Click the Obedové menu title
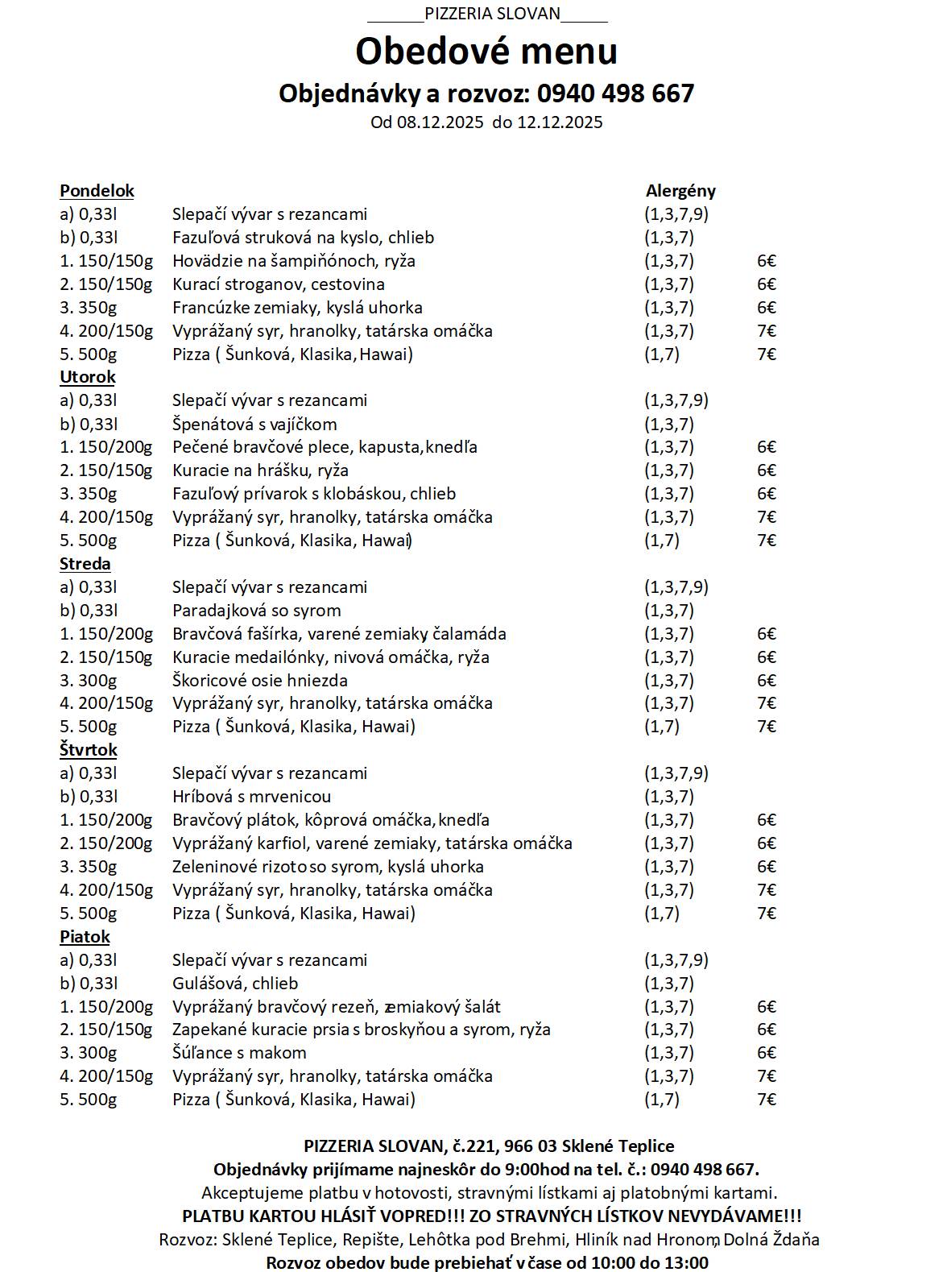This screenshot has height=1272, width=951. click(486, 51)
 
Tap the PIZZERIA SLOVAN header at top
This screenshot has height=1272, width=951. click(491, 14)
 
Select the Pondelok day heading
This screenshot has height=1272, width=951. click(97, 191)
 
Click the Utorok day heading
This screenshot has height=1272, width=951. click(87, 377)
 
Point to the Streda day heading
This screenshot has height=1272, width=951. click(85, 564)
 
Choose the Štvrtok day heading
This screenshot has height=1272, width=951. click(88, 750)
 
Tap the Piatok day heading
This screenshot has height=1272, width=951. click(85, 937)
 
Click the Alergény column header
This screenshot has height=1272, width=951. click(680, 191)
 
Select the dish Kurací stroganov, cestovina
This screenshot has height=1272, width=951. click(278, 284)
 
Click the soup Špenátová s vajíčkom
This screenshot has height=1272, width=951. click(254, 425)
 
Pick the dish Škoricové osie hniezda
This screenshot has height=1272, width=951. click(259, 681)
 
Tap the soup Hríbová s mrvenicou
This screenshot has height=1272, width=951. click(251, 797)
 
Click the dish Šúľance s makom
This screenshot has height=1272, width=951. click(239, 1053)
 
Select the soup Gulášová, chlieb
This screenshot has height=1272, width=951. click(235, 984)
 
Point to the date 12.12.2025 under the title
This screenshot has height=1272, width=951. click(560, 122)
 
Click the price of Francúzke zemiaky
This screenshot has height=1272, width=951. click(766, 308)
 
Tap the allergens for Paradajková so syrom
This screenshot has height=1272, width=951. click(668, 611)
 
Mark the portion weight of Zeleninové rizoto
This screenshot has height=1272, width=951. click(88, 867)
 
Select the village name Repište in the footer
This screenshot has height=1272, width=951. click(376, 1240)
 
